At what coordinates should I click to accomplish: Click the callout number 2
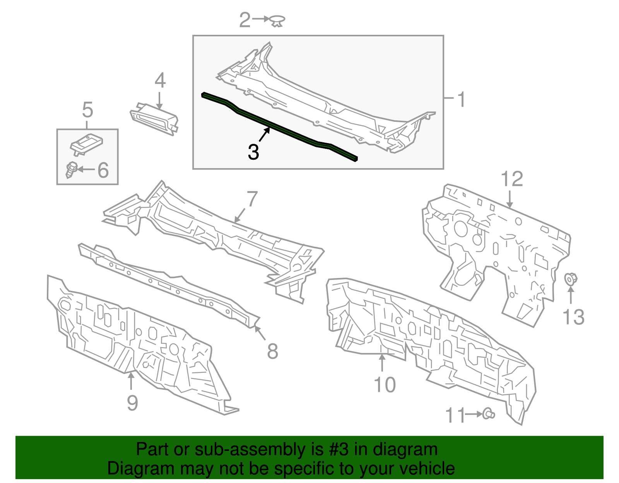[x=245, y=20]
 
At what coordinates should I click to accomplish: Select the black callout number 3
[x=253, y=152]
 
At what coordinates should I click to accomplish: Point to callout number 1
[x=461, y=99]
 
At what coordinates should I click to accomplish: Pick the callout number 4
[x=160, y=80]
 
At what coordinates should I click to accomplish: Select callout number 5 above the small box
[x=88, y=110]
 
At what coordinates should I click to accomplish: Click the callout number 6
[x=103, y=170]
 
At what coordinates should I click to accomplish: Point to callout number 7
[x=252, y=199]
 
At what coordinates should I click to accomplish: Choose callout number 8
[x=272, y=351]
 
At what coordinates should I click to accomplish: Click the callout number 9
[x=132, y=403]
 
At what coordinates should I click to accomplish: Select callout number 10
[x=385, y=385]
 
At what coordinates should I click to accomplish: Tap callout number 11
[x=455, y=415]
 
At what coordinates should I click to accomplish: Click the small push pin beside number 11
[x=488, y=414]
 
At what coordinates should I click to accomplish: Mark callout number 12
[x=511, y=179]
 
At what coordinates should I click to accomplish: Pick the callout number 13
[x=573, y=317]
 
